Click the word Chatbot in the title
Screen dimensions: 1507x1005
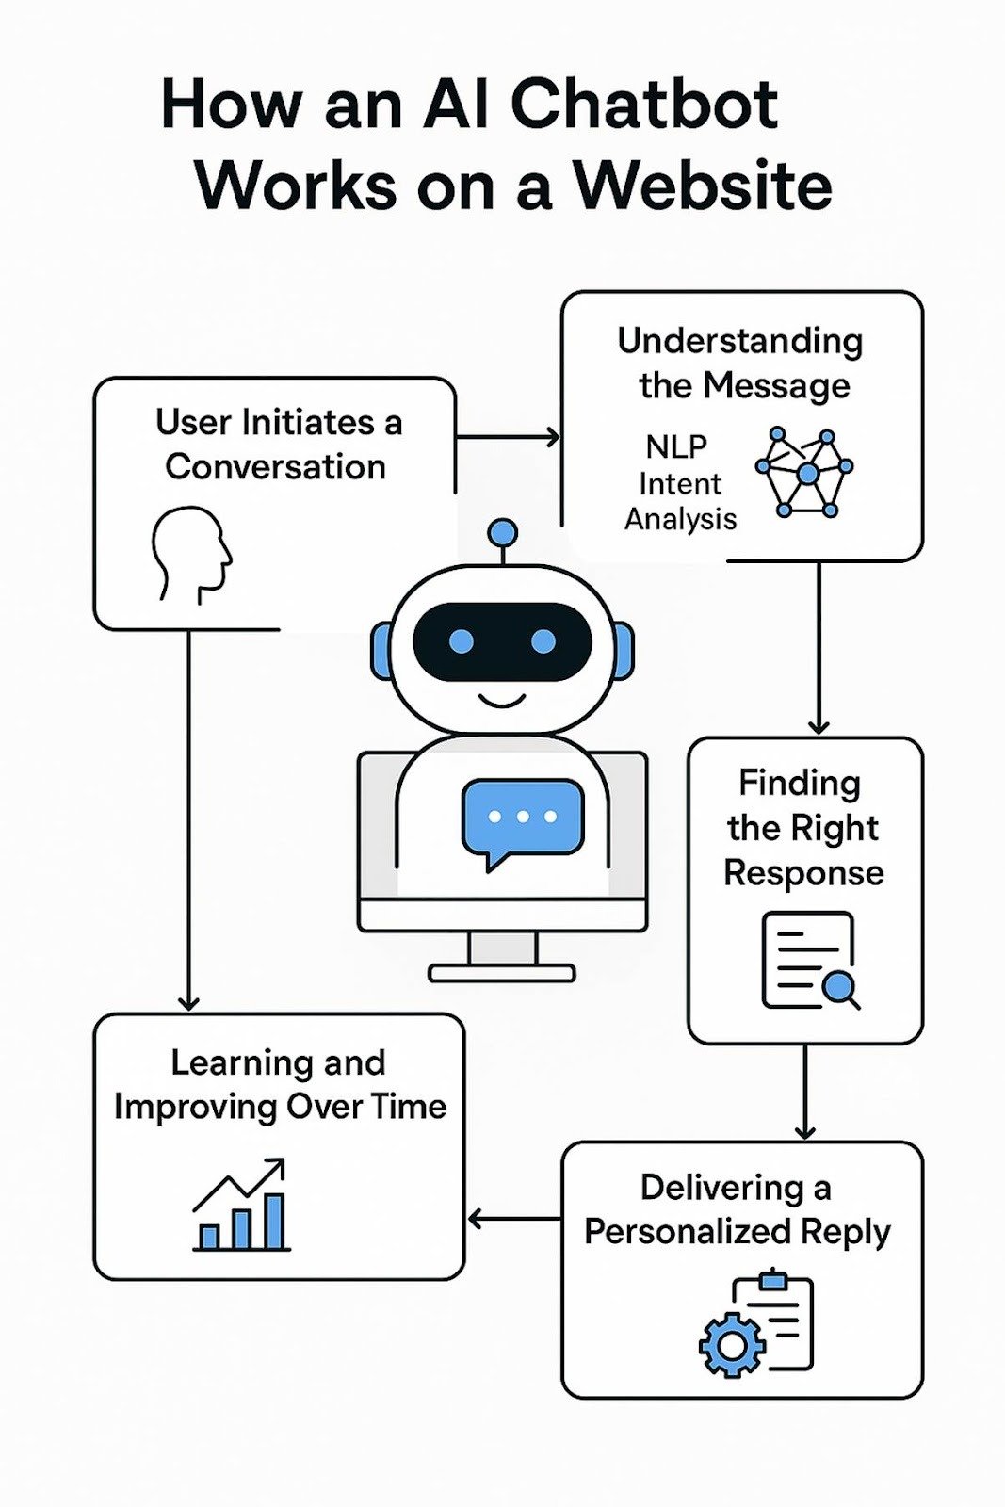point(644,104)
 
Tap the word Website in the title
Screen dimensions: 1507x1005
point(703,186)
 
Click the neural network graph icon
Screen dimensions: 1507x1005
point(805,472)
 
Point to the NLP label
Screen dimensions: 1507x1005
point(675,446)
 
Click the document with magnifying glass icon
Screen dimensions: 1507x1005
point(810,961)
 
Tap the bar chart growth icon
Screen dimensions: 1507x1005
point(241,1206)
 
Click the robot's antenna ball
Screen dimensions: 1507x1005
point(503,533)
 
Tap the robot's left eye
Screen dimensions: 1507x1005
point(462,641)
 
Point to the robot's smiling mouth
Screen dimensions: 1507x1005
point(502,701)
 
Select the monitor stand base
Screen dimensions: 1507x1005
point(502,973)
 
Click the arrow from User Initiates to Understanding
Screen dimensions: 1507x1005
point(509,437)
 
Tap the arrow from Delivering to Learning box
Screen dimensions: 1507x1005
point(513,1220)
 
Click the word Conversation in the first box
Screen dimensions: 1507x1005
point(275,467)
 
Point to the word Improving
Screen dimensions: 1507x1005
point(196,1107)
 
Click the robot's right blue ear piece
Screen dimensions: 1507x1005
point(624,650)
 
